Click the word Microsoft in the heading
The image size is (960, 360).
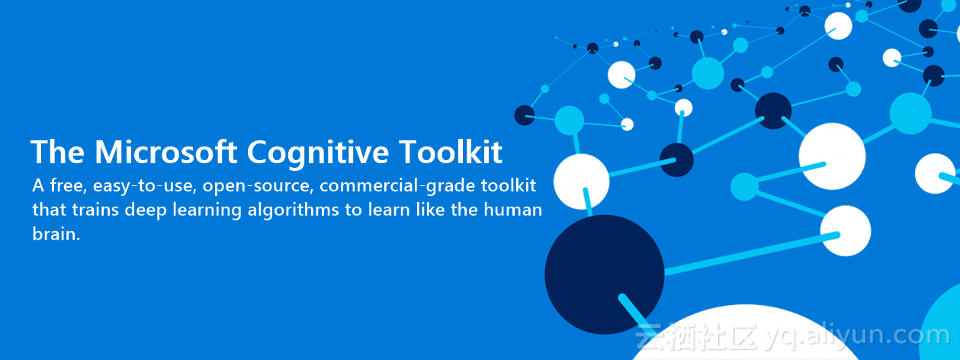[166, 152]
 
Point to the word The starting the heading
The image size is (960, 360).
[57, 152]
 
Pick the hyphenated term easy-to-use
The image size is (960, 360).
[144, 186]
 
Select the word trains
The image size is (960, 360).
[95, 210]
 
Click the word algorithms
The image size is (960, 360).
[293, 211]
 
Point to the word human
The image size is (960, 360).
[512, 210]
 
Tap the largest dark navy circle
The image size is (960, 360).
[604, 275]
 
